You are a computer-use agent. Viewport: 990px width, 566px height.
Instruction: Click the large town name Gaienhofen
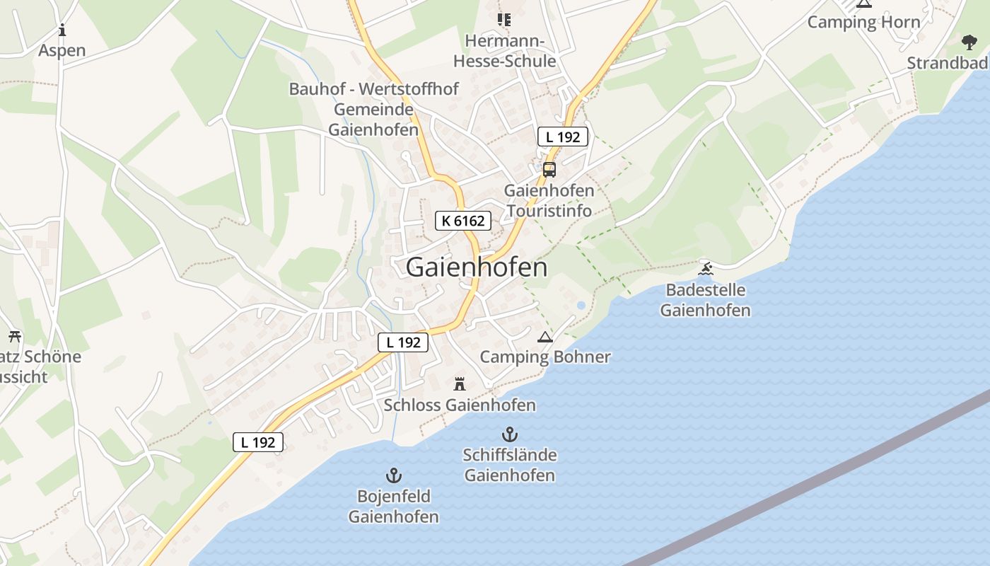point(477,267)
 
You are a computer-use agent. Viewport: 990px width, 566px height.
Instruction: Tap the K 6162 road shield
point(463,221)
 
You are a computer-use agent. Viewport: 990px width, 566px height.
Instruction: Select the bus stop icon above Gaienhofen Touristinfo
point(549,170)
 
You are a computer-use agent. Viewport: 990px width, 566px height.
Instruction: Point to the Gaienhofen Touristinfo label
point(549,201)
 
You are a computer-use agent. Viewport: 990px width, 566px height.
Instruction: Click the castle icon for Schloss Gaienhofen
point(460,384)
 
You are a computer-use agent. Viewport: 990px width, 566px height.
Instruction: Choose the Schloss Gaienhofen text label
point(460,405)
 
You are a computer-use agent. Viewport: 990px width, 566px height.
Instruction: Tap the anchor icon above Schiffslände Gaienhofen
point(509,434)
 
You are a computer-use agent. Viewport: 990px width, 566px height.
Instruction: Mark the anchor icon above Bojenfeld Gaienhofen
point(393,475)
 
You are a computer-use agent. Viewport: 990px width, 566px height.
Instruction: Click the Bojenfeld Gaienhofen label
point(393,507)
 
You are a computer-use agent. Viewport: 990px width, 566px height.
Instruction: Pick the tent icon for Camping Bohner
point(544,337)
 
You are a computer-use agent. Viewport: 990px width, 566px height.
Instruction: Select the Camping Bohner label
point(544,357)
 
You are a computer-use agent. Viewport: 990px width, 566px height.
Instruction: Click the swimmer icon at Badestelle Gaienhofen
point(705,268)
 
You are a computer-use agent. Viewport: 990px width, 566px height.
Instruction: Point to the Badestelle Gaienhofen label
point(705,300)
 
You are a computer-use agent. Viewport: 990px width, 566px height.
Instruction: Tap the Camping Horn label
point(863,22)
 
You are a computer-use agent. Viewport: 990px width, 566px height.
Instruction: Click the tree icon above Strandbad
point(969,42)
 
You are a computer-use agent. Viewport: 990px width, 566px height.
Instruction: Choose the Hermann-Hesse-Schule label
point(504,51)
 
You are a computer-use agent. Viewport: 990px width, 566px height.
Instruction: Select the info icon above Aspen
point(62,30)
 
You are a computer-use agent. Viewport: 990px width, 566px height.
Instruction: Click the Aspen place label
point(62,50)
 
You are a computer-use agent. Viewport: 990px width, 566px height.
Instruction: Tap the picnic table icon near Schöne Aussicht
point(15,336)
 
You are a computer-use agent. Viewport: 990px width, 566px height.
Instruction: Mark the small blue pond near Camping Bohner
point(581,306)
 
